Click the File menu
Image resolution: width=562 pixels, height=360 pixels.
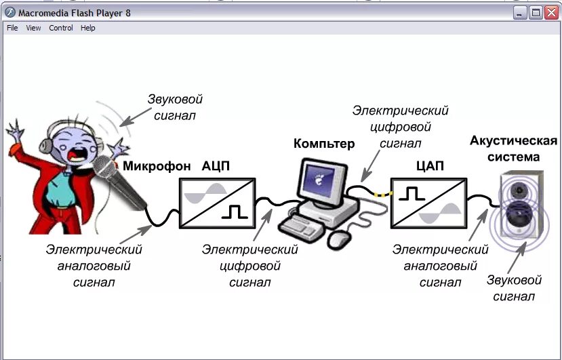coord(12,28)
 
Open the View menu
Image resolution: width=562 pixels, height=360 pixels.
coord(33,28)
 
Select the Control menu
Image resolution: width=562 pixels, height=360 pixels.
coord(61,28)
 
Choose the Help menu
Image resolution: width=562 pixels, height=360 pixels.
coord(88,28)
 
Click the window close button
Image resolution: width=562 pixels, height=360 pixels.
coord(551,12)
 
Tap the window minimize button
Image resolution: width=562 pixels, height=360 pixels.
coord(519,12)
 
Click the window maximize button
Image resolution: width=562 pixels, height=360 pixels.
coord(535,12)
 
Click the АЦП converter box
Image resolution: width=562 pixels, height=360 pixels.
coord(217,201)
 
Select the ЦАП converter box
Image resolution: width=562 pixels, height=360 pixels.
coord(428,201)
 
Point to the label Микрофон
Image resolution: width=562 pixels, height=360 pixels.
coord(157,166)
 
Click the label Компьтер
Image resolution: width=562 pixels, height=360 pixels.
coord(323,144)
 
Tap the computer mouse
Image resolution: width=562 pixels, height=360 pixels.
coord(339,239)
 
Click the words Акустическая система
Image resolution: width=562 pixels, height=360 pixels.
coord(514,149)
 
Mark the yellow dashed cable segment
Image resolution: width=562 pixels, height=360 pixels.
coord(384,195)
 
